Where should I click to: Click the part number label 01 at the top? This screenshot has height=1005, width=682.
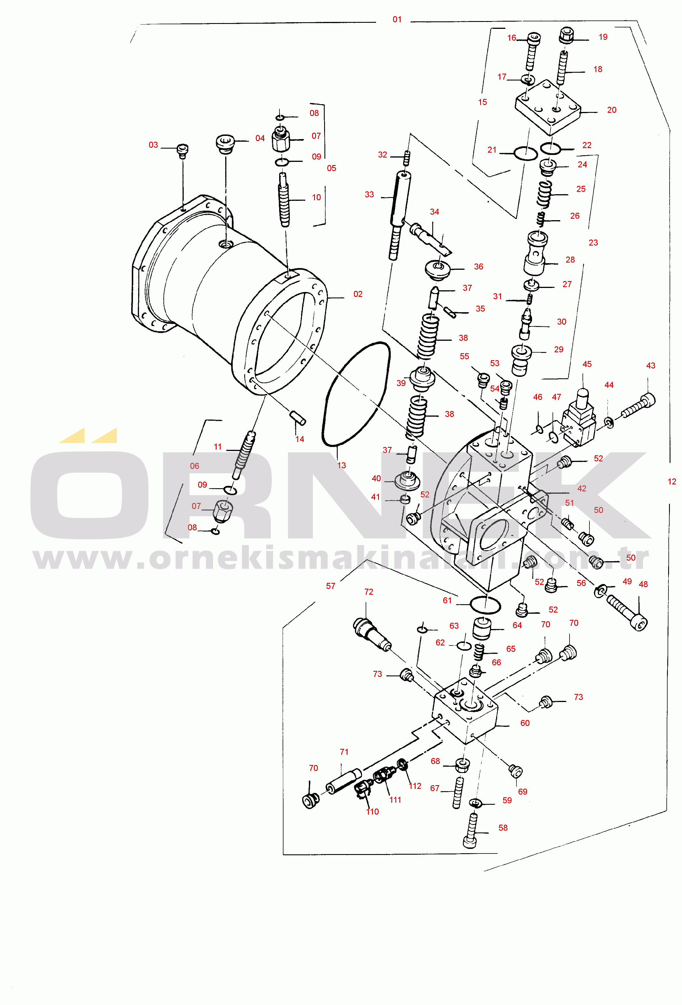[x=397, y=19]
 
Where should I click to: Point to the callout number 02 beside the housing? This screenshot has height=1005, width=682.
[x=358, y=294]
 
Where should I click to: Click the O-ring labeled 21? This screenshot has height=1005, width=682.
[x=525, y=153]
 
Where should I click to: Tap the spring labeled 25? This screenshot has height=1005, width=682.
[x=544, y=194]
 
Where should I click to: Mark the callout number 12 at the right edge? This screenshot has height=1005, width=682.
[x=672, y=481]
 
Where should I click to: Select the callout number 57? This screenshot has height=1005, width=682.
[x=331, y=586]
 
